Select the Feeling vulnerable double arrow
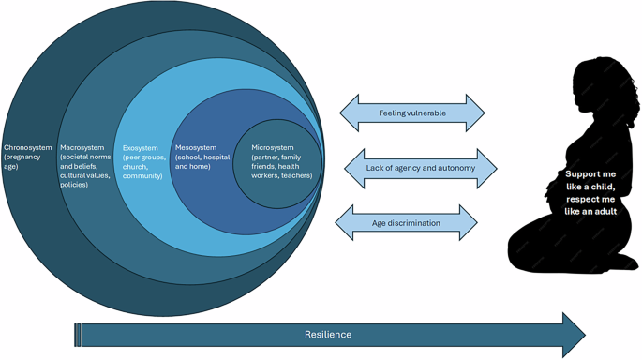click(x=411, y=112)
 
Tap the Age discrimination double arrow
click(x=411, y=222)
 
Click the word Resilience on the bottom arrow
click(x=328, y=334)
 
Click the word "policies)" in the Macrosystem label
click(x=76, y=185)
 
